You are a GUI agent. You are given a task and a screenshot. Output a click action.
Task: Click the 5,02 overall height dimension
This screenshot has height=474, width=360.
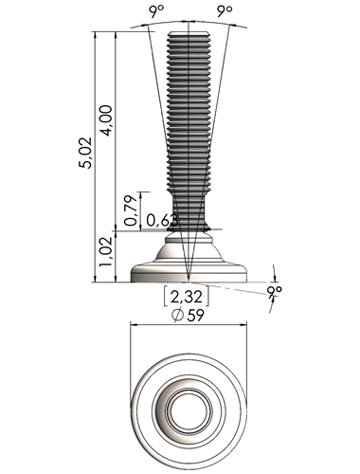tap(85, 153)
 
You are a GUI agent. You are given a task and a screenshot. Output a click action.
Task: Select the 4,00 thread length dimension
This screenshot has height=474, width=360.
tap(106, 120)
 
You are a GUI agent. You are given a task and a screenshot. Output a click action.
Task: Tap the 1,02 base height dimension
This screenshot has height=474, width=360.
tap(106, 251)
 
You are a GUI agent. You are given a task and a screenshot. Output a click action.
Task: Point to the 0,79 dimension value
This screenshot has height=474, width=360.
tap(131, 210)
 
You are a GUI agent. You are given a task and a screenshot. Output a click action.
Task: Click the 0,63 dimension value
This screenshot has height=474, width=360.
tap(162, 220)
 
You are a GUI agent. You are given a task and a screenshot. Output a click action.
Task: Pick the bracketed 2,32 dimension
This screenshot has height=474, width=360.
tap(187, 297)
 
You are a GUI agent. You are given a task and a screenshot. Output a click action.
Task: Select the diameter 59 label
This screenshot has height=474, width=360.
tap(188, 315)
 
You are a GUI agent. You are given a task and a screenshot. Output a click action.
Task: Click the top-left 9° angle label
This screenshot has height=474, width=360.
tap(157, 11)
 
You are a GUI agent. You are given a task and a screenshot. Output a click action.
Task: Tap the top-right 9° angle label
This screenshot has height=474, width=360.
tap(225, 11)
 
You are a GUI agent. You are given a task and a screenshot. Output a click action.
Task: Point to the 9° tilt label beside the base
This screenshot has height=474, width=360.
tap(274, 291)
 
